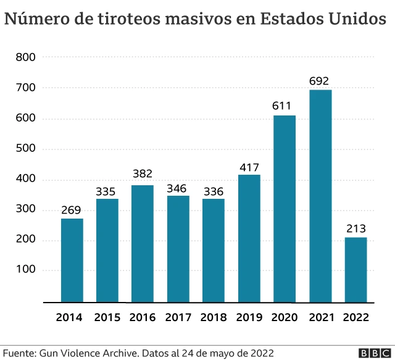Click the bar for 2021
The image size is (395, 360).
(320, 196)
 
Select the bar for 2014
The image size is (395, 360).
(72, 260)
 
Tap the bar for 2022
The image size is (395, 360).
(356, 269)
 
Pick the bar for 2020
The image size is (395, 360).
(285, 209)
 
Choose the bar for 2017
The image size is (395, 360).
(178, 249)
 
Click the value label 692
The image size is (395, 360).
(320, 81)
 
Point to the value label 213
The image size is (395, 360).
(356, 228)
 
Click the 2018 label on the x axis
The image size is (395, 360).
(214, 317)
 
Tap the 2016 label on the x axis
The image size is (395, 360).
(143, 317)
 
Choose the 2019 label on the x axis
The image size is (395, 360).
(249, 317)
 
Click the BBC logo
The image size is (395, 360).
(372, 353)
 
